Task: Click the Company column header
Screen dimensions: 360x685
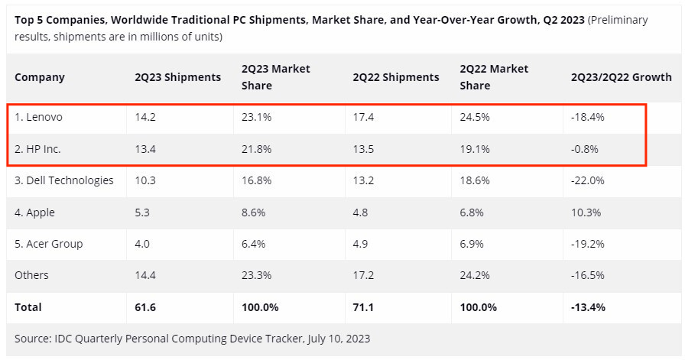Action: point(40,77)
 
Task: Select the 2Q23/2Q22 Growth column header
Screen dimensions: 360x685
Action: point(621,77)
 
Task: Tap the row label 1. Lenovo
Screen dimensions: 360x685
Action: point(39,118)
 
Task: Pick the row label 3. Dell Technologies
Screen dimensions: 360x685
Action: point(64,180)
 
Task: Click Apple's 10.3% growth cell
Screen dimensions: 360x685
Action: point(586,212)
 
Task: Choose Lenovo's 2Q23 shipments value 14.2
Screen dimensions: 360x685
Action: point(146,118)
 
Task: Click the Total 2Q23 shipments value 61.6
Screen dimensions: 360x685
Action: point(146,307)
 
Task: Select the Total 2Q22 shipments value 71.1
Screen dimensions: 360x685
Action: point(364,307)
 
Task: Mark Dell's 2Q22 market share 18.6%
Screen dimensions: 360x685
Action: point(475,180)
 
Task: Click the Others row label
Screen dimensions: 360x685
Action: point(31,275)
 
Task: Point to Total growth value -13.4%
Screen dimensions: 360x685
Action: point(589,307)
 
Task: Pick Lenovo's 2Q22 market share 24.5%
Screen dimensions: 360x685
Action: point(476,118)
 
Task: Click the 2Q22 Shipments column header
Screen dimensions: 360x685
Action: point(396,77)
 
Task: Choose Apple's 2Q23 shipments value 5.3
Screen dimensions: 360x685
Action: point(143,212)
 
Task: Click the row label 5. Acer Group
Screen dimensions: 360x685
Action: point(49,244)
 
